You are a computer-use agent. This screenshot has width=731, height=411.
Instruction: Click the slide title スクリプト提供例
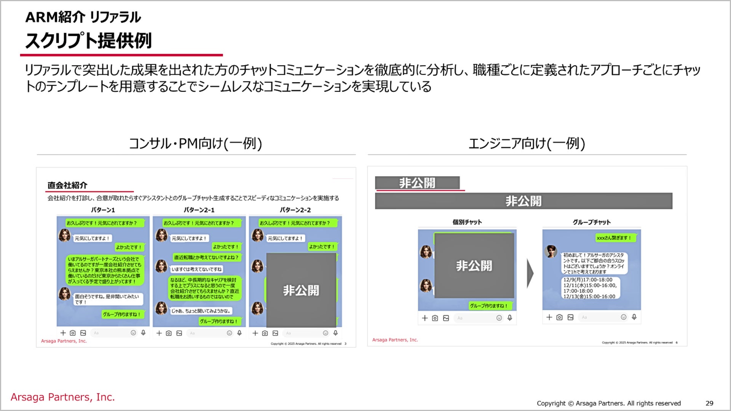(x=88, y=41)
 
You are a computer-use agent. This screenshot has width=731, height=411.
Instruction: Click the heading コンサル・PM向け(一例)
(x=195, y=143)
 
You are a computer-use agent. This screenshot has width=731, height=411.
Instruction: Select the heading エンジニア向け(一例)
(x=527, y=143)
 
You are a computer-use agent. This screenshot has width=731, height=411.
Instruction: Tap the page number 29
(x=709, y=403)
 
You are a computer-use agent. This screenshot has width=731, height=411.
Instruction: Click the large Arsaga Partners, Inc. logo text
(x=63, y=397)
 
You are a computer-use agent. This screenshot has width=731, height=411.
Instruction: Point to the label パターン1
(x=103, y=210)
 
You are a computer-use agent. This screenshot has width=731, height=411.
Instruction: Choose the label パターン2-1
(x=199, y=210)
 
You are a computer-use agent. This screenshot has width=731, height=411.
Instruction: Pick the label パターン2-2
(x=295, y=210)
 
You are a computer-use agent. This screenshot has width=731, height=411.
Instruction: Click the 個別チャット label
(x=467, y=222)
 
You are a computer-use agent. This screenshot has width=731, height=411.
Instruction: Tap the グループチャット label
(x=592, y=222)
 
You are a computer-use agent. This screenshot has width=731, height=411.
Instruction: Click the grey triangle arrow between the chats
(x=530, y=273)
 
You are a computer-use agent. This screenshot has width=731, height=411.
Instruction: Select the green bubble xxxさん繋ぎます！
(x=614, y=238)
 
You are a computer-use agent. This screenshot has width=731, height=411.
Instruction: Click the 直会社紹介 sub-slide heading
(x=67, y=185)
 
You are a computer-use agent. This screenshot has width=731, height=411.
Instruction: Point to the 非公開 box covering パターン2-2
(x=301, y=290)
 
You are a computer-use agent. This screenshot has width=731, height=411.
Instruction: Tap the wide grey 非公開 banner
(x=524, y=201)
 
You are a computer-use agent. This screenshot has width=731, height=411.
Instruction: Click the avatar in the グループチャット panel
(x=551, y=251)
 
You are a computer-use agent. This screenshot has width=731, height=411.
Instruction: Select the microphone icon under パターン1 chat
(x=143, y=333)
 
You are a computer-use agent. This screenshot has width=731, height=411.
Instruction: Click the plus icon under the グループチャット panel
(x=549, y=317)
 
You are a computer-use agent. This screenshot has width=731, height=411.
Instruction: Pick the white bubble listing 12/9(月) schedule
(x=590, y=288)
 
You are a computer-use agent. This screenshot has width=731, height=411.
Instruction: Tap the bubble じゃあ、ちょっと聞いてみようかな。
(x=201, y=311)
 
